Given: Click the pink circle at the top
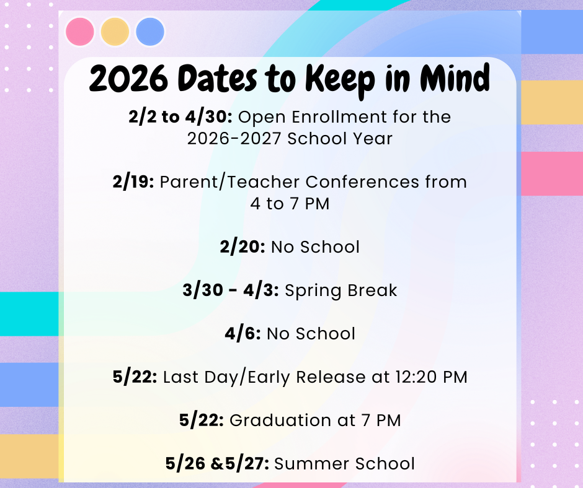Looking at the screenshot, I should (79, 32).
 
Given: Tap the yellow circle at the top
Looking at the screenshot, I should (115, 32).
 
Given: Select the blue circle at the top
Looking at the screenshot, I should (150, 32).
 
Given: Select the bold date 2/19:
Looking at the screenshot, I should (133, 182).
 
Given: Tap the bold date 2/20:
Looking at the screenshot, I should (243, 246).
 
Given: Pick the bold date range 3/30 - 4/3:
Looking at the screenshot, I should (231, 290).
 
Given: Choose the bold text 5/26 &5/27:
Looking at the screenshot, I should (217, 463).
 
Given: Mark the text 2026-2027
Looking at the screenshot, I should (235, 138).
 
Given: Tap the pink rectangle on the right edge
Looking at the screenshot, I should (551, 173).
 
